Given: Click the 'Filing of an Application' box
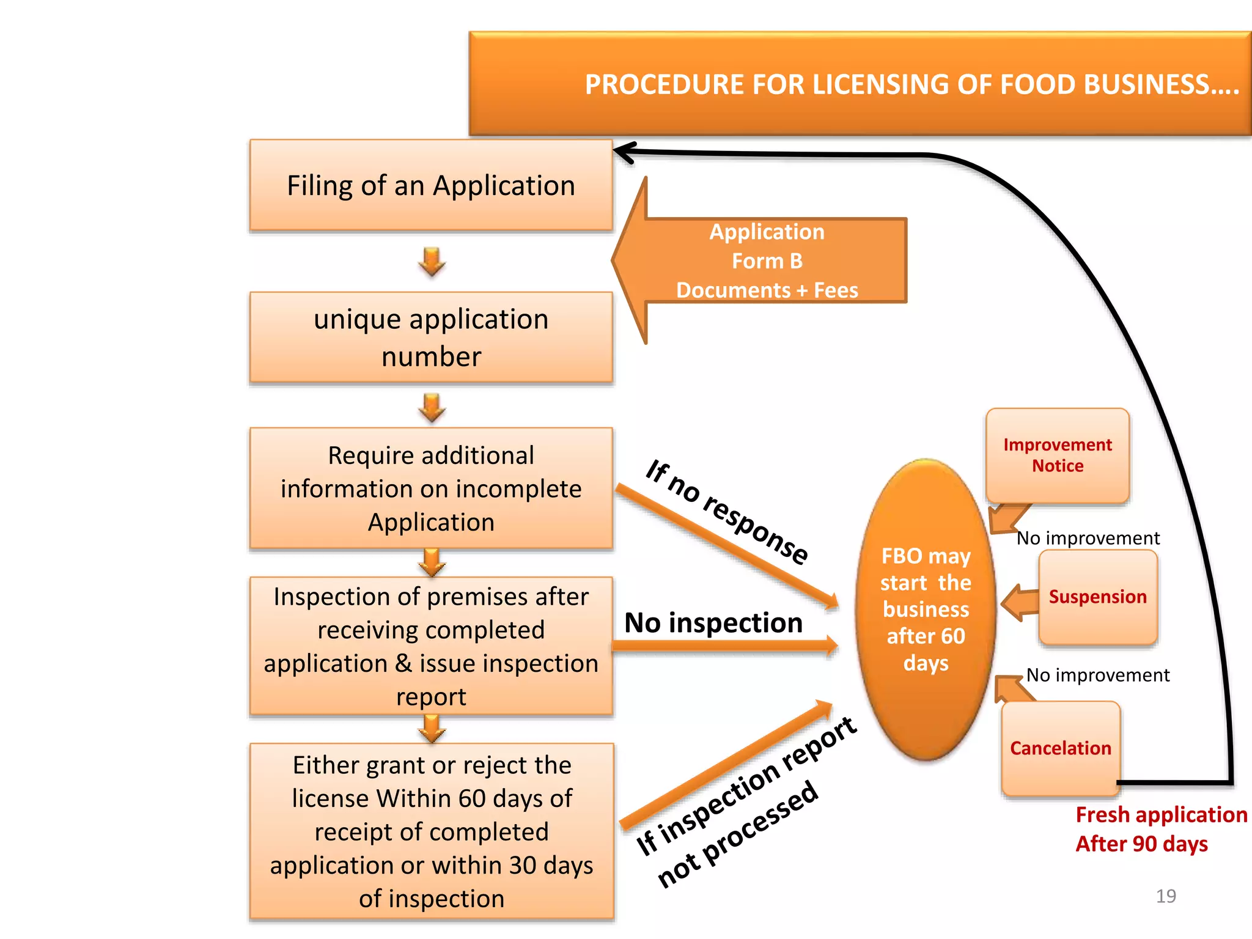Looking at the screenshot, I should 431,185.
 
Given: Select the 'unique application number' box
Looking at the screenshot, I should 431,337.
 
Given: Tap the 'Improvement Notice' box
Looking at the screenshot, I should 1057,455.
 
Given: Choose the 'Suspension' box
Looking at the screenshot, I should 1097,597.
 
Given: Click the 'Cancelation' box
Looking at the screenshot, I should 1060,748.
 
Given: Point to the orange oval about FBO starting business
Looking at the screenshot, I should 926,609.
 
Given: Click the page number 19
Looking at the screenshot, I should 1166,896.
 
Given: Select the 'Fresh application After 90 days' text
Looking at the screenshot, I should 1160,830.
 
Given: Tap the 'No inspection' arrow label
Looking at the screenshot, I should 713,623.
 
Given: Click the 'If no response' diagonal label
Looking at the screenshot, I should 727,512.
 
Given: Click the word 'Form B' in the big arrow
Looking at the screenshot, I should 767,261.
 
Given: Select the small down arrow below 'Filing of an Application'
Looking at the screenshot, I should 432,262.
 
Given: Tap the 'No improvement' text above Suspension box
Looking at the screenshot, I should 1088,538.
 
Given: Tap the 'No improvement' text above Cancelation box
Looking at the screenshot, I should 1097,675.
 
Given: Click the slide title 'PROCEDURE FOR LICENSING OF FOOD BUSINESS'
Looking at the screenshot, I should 911,84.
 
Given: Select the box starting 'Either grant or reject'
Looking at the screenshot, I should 431,831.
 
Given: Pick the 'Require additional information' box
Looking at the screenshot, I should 431,488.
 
